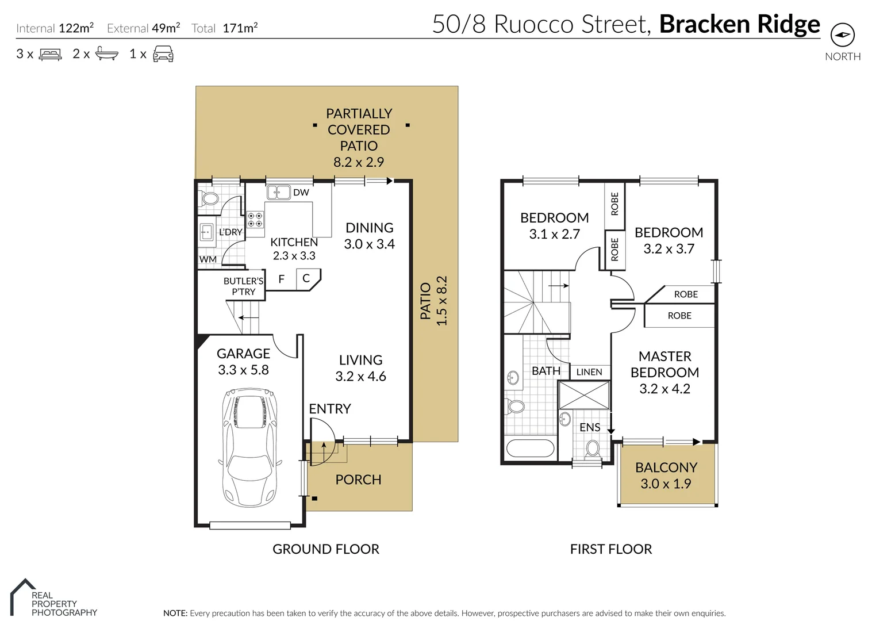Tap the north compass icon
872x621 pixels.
tap(842, 35)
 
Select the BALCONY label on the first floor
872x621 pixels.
tap(666, 467)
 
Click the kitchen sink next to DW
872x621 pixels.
tap(278, 192)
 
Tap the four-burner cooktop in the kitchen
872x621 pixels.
tap(255, 220)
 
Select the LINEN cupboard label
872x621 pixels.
tap(589, 372)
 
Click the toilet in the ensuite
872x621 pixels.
tap(593, 448)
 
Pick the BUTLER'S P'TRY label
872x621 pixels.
tap(243, 286)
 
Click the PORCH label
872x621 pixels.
tap(358, 480)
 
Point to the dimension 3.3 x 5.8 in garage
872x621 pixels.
tap(243, 370)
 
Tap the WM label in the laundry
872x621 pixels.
tap(208, 259)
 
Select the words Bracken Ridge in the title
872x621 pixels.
tap(739, 24)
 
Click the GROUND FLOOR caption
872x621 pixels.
tap(325, 549)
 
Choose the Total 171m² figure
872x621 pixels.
tap(224, 28)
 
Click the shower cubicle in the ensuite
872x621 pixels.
tap(584, 394)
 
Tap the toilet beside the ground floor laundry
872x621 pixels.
tap(209, 199)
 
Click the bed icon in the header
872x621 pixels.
tap(50, 55)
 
